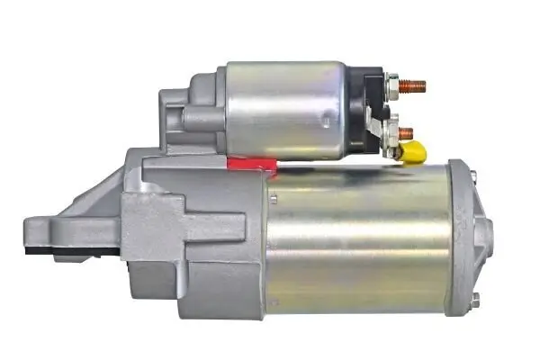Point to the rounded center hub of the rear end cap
(487, 236)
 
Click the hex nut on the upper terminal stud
(392, 87)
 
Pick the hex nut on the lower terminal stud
(392, 131)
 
